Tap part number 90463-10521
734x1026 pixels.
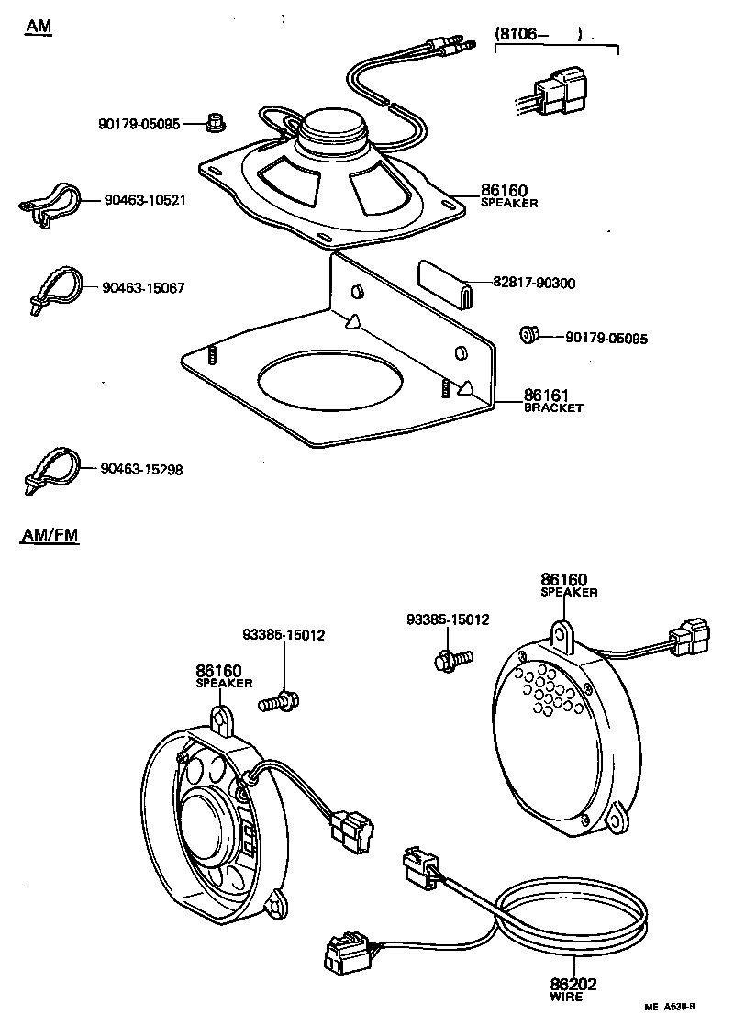pos(144,199)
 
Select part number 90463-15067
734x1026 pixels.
pos(144,288)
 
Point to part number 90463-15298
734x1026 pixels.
pos(142,469)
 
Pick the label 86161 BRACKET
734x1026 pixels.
pos(552,401)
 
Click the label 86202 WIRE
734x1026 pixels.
pos(573,990)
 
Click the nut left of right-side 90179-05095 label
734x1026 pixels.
pos(528,334)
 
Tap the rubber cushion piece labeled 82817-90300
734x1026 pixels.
pos(445,280)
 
